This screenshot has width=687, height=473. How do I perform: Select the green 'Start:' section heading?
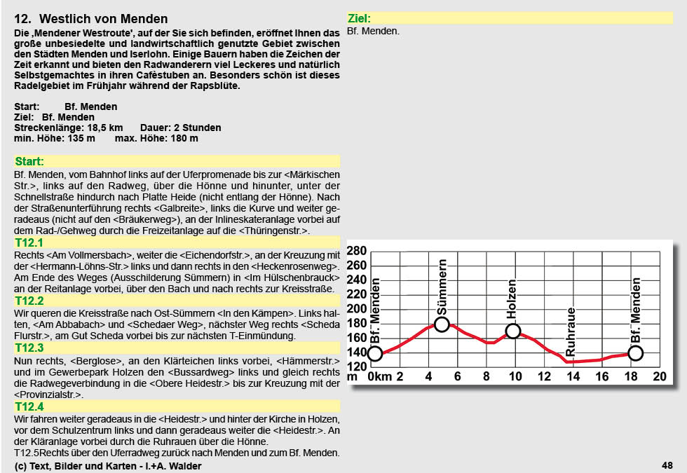tap(29, 161)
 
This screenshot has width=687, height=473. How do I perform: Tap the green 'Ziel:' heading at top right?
tap(360, 19)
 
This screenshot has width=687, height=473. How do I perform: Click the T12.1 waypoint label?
tap(29, 242)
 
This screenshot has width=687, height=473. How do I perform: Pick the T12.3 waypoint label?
tap(29, 348)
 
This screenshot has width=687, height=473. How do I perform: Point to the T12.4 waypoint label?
tap(29, 406)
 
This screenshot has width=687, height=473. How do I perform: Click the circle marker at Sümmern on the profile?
tap(442, 324)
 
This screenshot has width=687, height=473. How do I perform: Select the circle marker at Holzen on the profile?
tap(513, 331)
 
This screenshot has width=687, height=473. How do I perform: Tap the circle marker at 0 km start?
tap(375, 353)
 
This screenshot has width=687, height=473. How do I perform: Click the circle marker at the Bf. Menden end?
tap(636, 353)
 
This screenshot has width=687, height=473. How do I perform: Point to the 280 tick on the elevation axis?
tap(358, 252)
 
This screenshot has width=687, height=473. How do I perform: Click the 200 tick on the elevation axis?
tap(358, 309)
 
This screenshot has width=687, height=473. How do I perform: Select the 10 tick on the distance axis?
tap(515, 376)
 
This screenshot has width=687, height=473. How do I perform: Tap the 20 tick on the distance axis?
tap(659, 376)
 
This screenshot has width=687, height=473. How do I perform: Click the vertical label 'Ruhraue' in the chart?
tap(571, 331)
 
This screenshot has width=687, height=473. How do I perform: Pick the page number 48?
tap(667, 465)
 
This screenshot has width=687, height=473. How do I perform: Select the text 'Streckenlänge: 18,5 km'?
tap(69, 128)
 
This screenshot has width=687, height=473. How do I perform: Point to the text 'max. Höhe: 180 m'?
tap(156, 138)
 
